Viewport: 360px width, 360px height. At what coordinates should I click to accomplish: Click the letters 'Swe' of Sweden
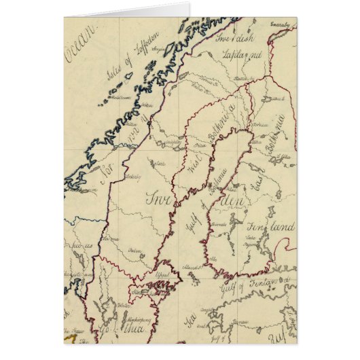158,198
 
